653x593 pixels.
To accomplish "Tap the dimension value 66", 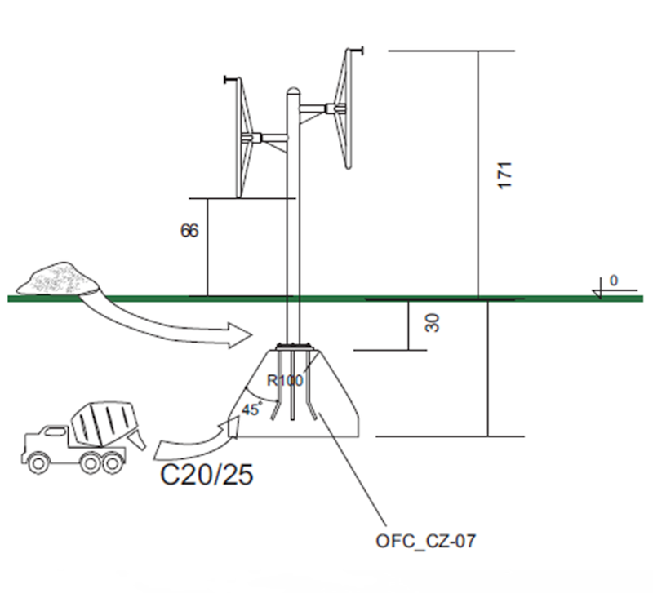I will pyautogui.click(x=189, y=231).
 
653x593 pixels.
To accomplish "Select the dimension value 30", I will pyautogui.click(x=433, y=324).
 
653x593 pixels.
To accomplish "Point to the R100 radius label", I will pyautogui.click(x=285, y=380).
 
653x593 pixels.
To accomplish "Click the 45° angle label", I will pyautogui.click(x=251, y=409).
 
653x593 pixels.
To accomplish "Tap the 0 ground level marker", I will pyautogui.click(x=613, y=281).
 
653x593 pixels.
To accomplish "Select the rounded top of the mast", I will pyautogui.click(x=294, y=92).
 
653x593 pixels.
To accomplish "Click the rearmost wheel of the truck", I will pyautogui.click(x=110, y=462).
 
